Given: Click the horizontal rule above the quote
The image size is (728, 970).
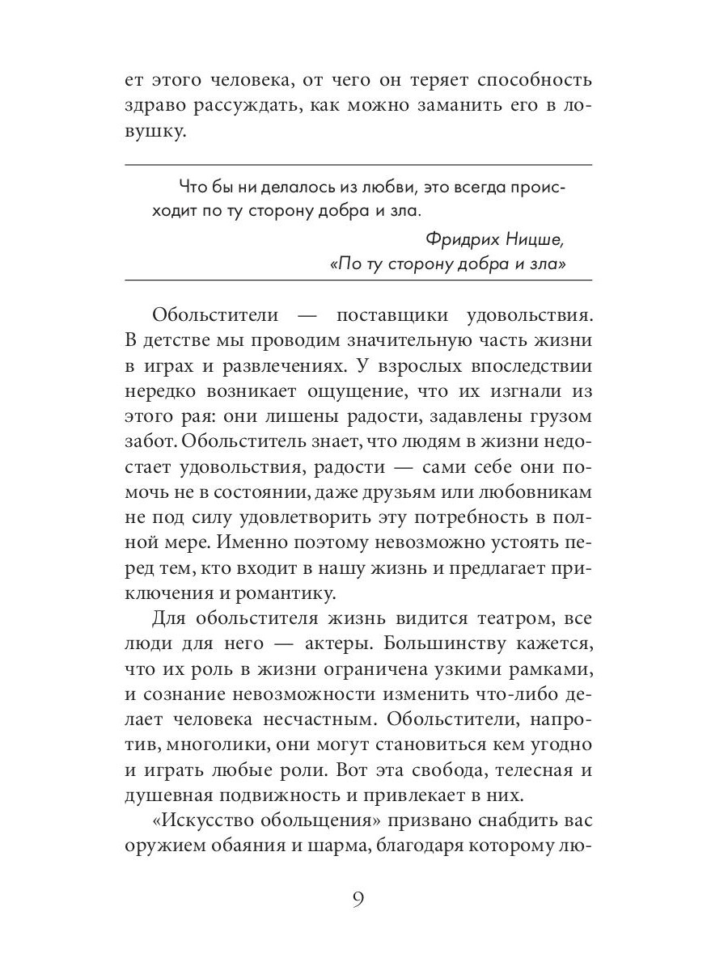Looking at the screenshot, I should [359, 165].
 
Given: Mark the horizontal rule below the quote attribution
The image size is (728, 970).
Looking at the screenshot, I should [359, 280].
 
